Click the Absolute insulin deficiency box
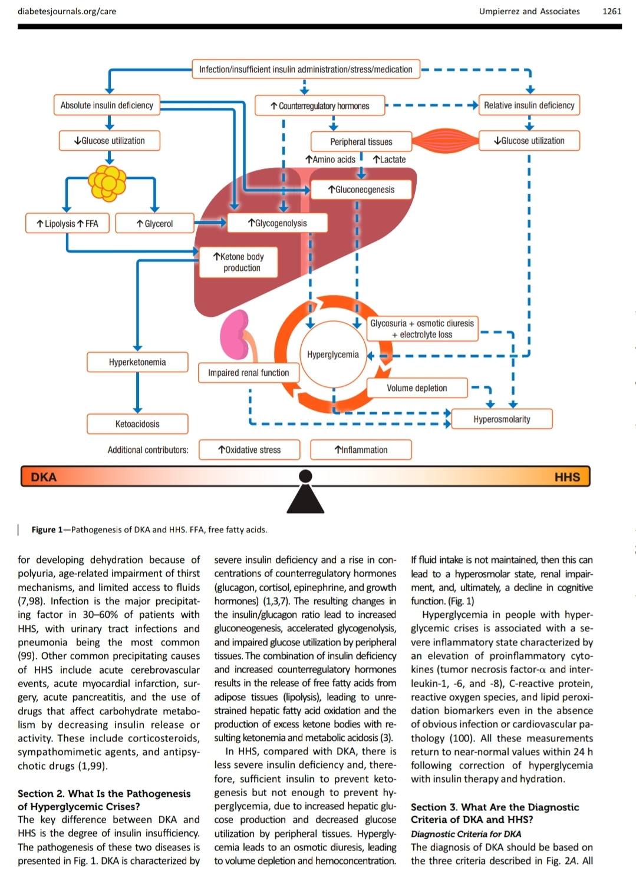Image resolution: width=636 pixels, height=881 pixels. tap(107, 105)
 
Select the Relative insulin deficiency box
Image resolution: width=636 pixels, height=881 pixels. tap(529, 105)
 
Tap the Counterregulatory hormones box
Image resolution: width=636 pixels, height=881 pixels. tap(319, 105)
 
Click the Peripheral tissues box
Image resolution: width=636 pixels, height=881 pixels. tap(361, 141)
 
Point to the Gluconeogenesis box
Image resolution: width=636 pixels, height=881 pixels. tap(361, 190)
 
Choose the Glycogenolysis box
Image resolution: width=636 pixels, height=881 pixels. tap(278, 223)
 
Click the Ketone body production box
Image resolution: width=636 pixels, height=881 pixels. tap(239, 262)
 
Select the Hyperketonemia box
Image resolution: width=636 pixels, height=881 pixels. tap(137, 362)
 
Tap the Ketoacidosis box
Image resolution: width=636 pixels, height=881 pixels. tap(137, 423)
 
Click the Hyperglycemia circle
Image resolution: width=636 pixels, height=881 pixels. tap(333, 355)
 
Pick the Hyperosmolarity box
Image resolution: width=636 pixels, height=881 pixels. tap(502, 419)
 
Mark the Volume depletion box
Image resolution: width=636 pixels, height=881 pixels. tap(417, 388)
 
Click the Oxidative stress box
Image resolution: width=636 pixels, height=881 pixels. tap(249, 449)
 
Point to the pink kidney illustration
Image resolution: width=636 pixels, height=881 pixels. tap(235, 335)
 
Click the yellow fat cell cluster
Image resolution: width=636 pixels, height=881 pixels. tap(107, 183)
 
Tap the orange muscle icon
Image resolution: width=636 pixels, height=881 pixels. tap(445, 141)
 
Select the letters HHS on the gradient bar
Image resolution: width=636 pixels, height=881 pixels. tap(567, 477)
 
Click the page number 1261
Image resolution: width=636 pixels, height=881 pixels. tap(612, 11)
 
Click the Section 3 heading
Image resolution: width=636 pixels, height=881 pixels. tap(495, 813)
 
